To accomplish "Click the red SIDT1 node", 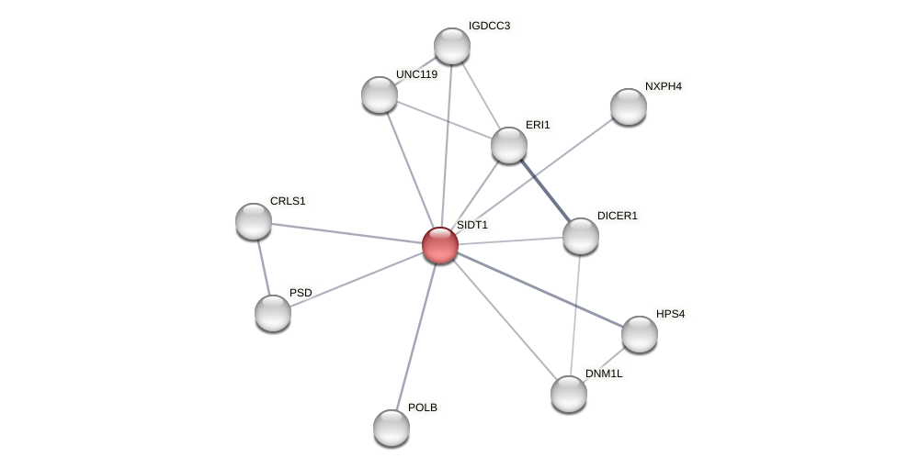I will point(440,245).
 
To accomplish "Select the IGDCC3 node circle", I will point(452,46).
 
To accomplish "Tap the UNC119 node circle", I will point(380,95).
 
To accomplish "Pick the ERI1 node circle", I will point(509,145).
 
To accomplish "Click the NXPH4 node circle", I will point(629,106).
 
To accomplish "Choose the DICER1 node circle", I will point(581,236).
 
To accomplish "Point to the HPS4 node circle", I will point(640,334).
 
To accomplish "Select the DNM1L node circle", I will point(569,394).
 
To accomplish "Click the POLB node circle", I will point(392,428).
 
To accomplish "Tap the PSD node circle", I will point(273,313).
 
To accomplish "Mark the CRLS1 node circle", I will point(254,221).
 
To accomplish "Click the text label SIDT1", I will point(472,225).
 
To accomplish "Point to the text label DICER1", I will point(617,216).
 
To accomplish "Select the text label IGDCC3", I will point(489,26).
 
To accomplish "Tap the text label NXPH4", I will point(663,86).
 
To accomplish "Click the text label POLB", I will point(423,408).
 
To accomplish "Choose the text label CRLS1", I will point(288,201).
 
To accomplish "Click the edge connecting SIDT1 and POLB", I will point(415,337).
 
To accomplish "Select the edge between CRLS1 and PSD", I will point(264,267).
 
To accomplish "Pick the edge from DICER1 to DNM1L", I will point(575,315).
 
